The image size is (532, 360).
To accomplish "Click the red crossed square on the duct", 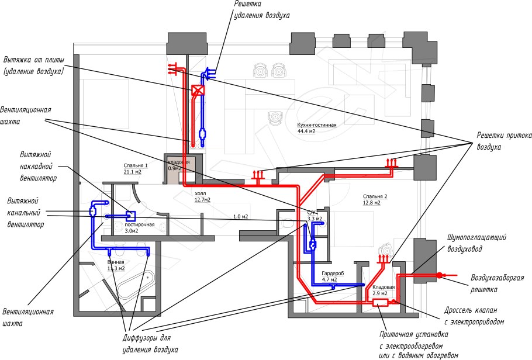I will point(198,91).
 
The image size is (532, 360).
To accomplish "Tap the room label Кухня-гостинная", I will point(316,125).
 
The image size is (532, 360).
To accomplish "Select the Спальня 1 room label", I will point(135,165).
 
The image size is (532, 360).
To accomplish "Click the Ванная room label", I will point(116,262).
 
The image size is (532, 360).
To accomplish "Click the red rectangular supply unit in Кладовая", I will point(380,302).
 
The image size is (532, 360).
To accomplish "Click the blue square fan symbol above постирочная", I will point(130,216).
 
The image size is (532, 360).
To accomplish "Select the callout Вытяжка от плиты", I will point(33,65).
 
